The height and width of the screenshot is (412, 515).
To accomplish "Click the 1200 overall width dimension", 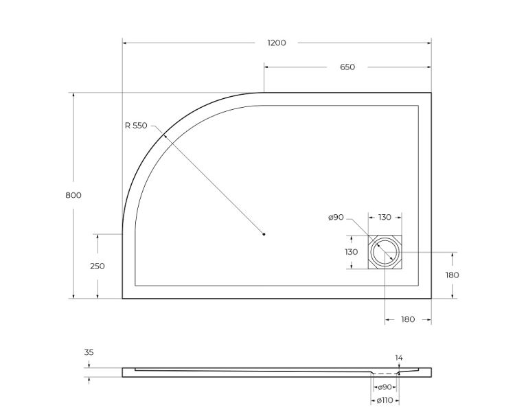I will (x=277, y=43).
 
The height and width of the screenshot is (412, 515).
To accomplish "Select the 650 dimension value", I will (x=347, y=67).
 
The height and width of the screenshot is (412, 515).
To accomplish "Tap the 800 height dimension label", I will (x=73, y=195).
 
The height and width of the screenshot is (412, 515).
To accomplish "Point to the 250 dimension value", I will (x=98, y=266).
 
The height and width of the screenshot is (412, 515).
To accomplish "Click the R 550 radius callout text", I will (x=136, y=125).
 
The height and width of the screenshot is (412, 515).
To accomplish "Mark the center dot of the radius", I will (x=264, y=234).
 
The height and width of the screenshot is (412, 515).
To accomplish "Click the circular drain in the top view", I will (x=385, y=253).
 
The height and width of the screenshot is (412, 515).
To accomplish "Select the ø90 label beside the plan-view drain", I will (x=336, y=217).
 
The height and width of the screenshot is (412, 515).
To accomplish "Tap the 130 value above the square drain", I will (x=385, y=217).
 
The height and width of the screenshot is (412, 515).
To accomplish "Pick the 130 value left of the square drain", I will (x=352, y=252).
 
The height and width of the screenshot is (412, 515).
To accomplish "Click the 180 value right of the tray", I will (x=452, y=275).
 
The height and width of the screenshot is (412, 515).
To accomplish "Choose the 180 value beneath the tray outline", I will (x=408, y=320).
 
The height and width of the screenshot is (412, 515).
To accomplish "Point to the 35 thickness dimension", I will (x=89, y=352).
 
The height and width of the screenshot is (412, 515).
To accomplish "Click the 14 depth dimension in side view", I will (x=400, y=357).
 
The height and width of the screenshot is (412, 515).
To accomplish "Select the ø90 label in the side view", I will (x=385, y=387).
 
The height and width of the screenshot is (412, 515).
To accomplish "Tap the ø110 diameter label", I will (x=385, y=400).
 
